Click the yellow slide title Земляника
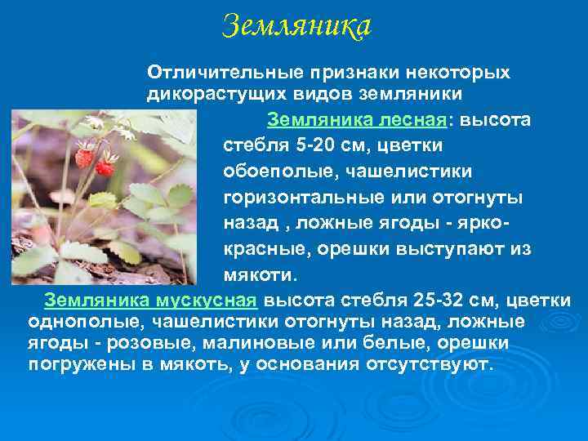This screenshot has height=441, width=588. (296, 26)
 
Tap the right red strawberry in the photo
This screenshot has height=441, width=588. (105, 167)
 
